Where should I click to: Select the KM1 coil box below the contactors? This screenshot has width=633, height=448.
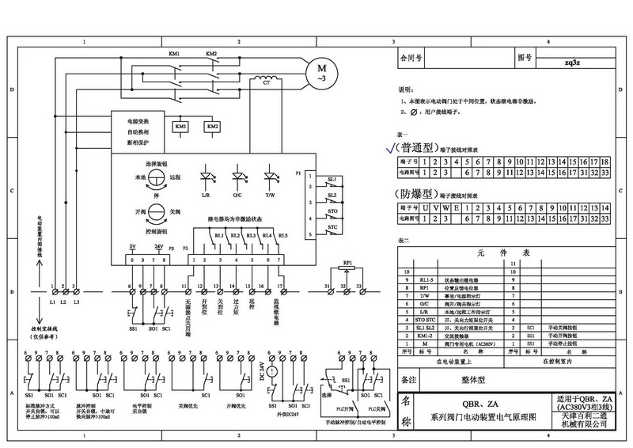click(x=180, y=127)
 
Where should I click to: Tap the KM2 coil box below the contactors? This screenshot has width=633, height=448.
click(x=212, y=127)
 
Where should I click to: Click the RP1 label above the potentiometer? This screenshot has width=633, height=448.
click(x=347, y=260)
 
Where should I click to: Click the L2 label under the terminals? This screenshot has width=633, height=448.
click(x=63, y=302)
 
